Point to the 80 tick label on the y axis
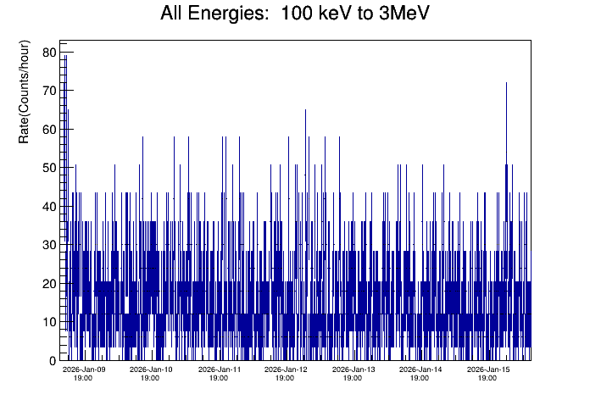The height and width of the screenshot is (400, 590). (x=49, y=53)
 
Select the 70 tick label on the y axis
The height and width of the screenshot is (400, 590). (x=49, y=91)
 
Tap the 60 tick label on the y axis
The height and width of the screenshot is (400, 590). (x=49, y=129)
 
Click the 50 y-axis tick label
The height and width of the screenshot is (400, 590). (x=49, y=168)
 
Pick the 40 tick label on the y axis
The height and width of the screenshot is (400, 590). (x=49, y=206)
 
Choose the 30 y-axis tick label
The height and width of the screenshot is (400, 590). (x=49, y=245)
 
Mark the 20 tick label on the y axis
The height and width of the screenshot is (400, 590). (x=49, y=283)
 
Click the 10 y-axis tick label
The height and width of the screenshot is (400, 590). (x=49, y=322)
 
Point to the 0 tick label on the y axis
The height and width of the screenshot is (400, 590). (x=53, y=360)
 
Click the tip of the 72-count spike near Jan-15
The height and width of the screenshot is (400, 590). (x=506, y=83)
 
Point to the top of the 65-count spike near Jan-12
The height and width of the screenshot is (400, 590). (x=305, y=110)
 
